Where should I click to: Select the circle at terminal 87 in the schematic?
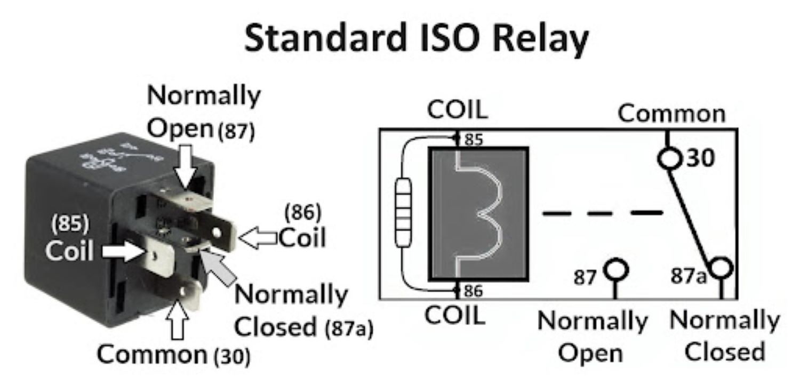tap(617, 270)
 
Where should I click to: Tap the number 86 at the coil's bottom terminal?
tap(473, 291)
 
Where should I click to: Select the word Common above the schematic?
tap(672, 114)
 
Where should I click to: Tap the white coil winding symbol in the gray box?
tap(483, 213)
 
